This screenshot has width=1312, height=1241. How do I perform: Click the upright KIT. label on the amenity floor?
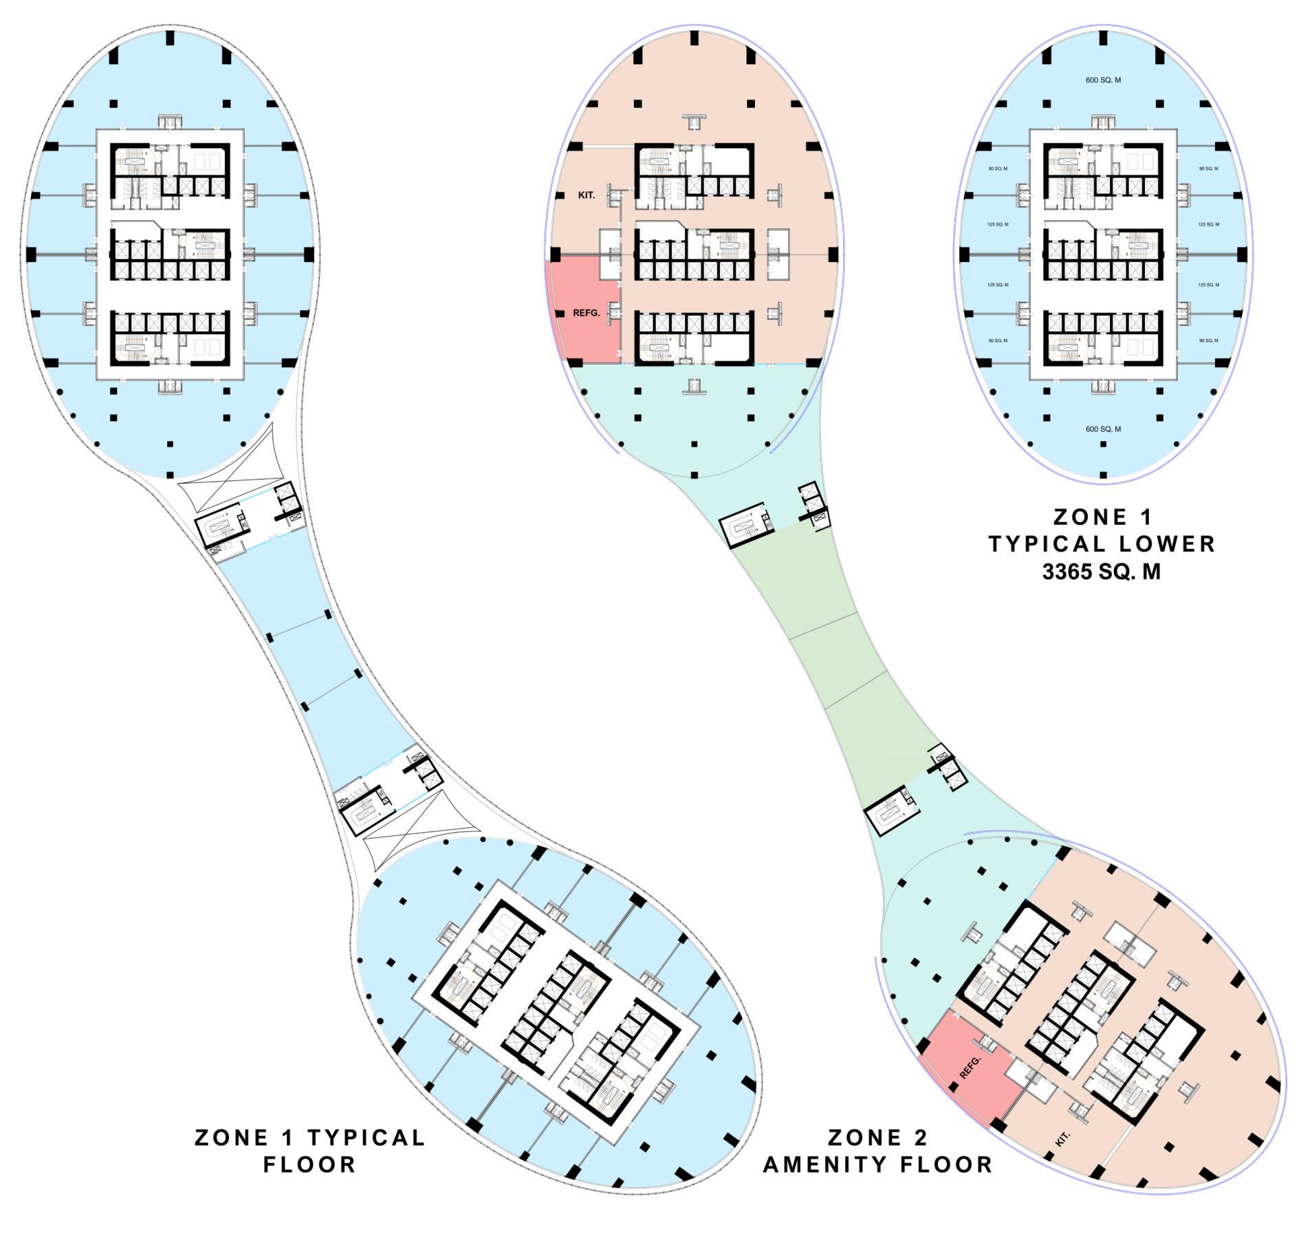[x=586, y=195]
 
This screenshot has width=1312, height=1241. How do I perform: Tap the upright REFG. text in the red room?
[x=586, y=313]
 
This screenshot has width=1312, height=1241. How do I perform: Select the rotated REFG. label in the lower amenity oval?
[x=970, y=1067]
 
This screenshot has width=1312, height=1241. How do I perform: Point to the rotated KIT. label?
[x=1062, y=1139]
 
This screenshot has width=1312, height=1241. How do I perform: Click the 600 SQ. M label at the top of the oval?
[x=1102, y=80]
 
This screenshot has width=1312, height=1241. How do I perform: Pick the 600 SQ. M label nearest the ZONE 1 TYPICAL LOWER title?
[x=1102, y=429]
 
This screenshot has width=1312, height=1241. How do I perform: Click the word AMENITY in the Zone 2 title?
[x=833, y=1165]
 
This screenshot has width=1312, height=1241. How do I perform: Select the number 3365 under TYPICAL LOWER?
[x=1067, y=572]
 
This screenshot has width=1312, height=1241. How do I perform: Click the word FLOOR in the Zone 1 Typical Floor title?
[x=309, y=1165]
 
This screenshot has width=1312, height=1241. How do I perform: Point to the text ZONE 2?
[x=877, y=1137]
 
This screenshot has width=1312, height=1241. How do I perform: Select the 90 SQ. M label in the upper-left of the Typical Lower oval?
[x=997, y=169]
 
